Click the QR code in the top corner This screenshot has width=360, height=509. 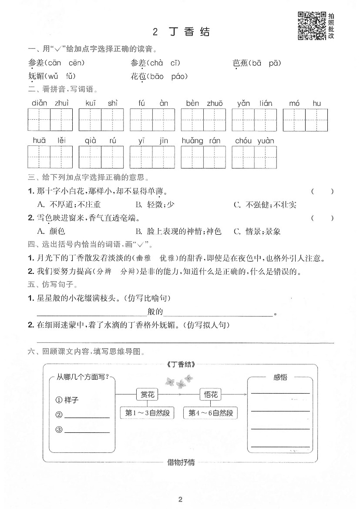pos(312,26)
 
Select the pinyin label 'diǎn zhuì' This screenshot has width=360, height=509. pos(50,103)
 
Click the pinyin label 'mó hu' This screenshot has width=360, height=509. pos(305,103)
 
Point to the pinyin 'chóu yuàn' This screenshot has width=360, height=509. pos(254,141)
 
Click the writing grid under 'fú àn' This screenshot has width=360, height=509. pos(152,120)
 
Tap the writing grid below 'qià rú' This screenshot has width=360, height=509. pos(101,157)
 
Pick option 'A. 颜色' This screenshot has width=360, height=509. pos(51,231)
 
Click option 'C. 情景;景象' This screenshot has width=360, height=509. pos(259,231)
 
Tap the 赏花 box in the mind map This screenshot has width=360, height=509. pos(147,394)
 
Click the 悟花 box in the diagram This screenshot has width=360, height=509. pos(211,394)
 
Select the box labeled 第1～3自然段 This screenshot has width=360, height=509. pos(147,413)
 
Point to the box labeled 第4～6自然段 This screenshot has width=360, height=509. pos(211,413)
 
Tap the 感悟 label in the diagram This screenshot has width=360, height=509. pos(280,377)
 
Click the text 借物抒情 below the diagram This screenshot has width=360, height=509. pos(181,462)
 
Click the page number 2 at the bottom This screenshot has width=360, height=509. pos(180,499)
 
